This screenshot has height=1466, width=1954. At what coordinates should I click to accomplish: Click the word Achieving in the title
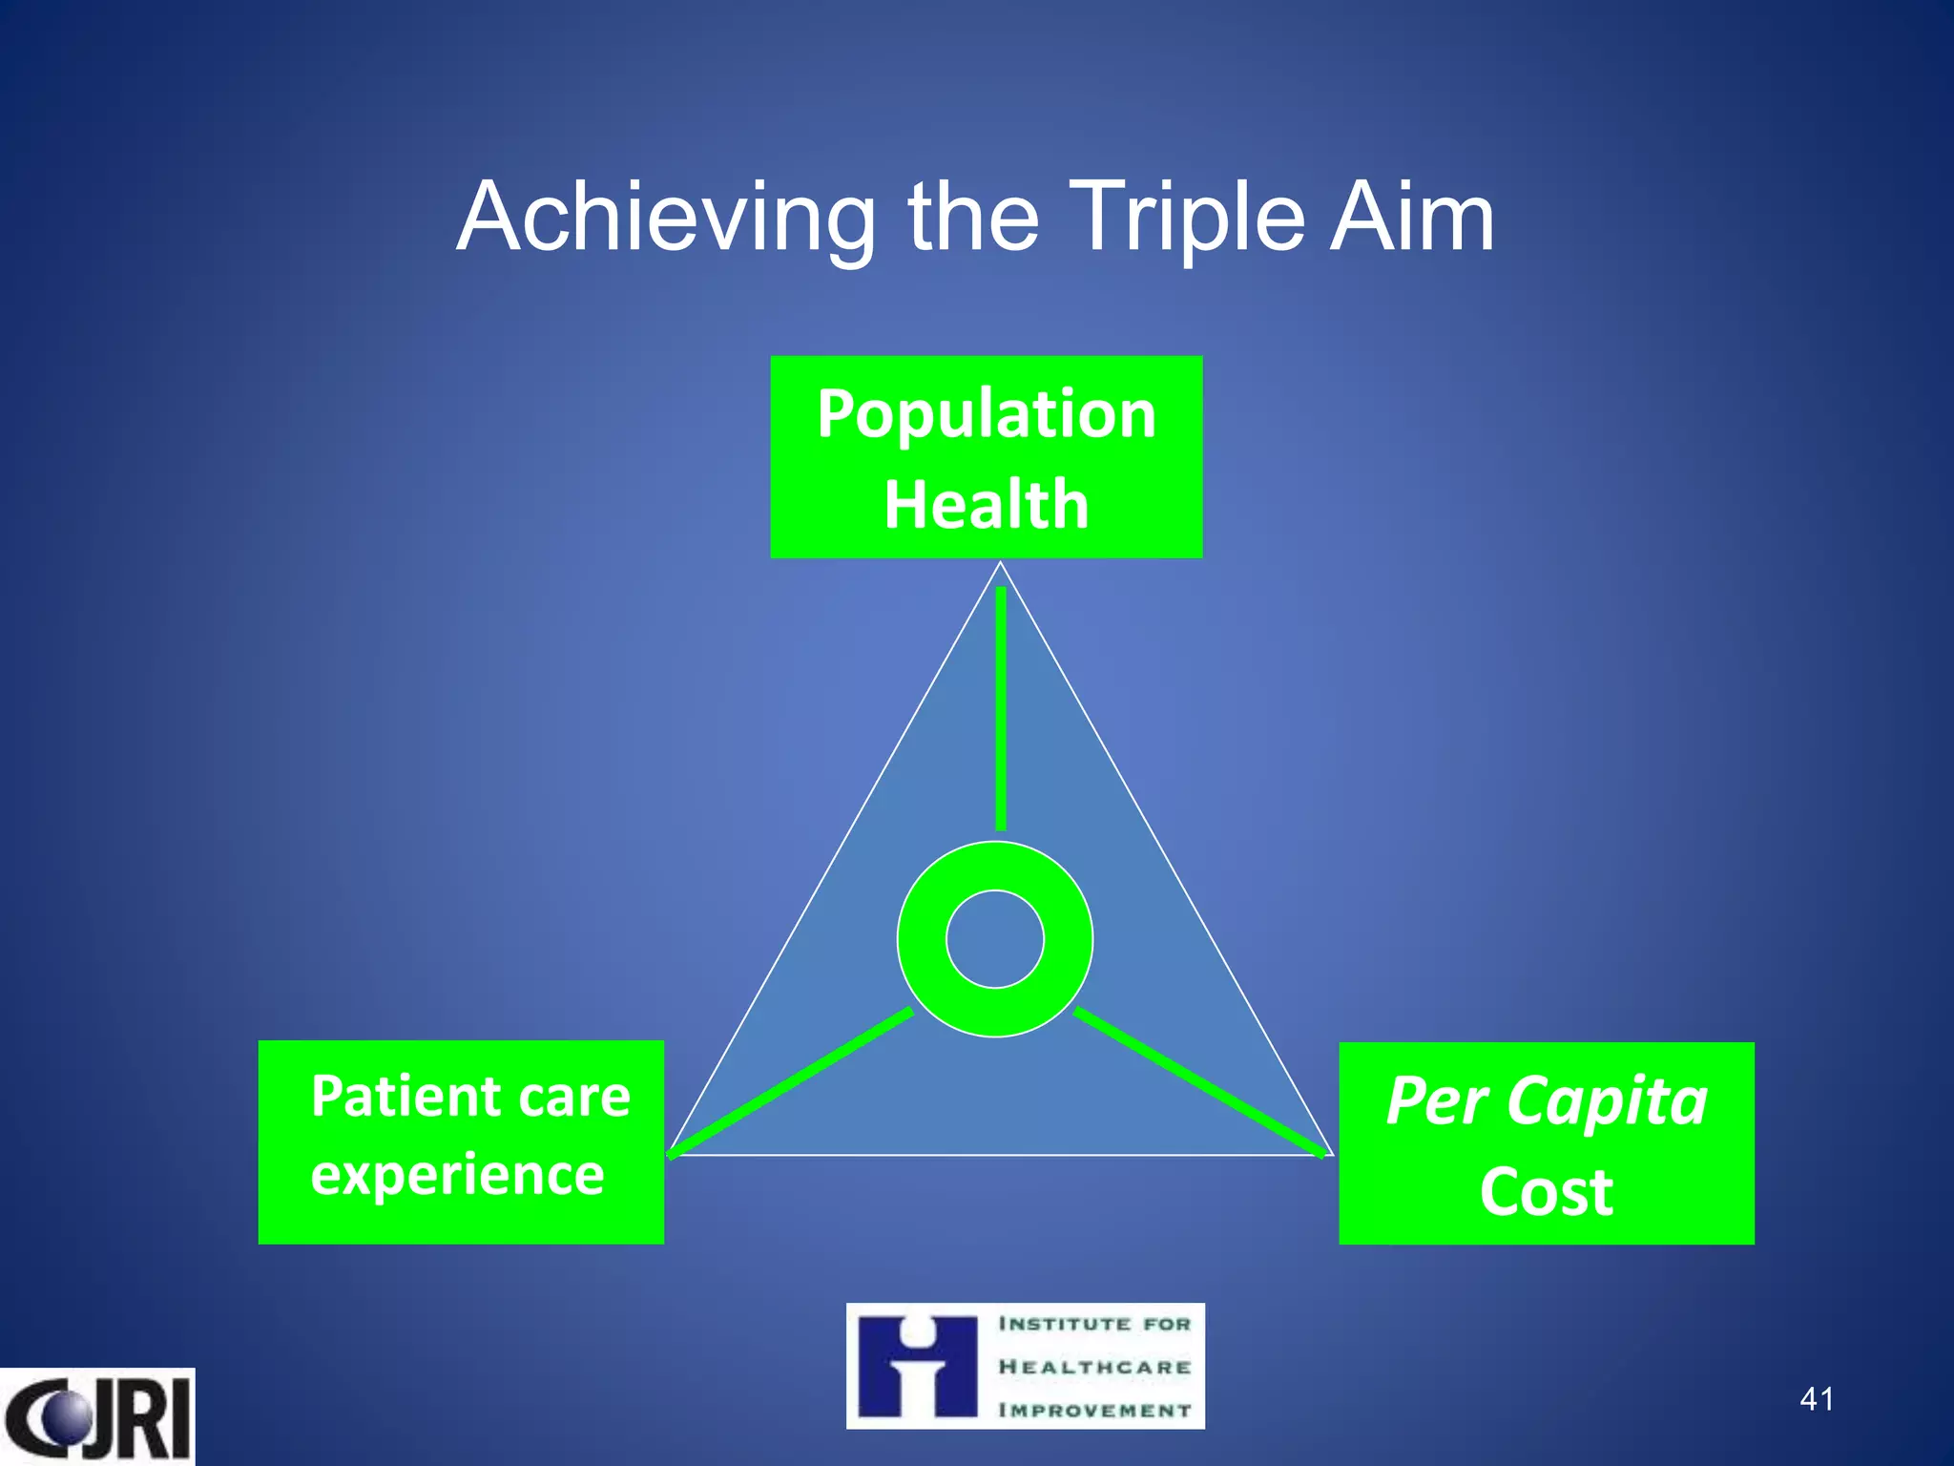coord(666,220)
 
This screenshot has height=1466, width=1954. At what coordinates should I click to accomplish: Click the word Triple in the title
coord(1183,220)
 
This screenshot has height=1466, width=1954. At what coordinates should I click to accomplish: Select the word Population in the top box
coord(987,415)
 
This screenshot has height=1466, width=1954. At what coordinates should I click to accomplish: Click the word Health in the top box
coord(987,504)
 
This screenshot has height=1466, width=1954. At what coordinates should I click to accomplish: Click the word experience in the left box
coord(457,1174)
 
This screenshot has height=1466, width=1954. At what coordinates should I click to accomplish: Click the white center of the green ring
coord(995,939)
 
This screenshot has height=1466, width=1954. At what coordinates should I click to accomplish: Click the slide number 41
coord(1816,1399)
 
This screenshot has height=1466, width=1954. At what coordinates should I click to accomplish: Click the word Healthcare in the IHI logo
coord(1094,1367)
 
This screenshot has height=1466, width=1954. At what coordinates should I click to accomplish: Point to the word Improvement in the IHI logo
coord(1094,1410)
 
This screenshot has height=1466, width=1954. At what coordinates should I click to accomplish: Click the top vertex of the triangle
coord(1001,563)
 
